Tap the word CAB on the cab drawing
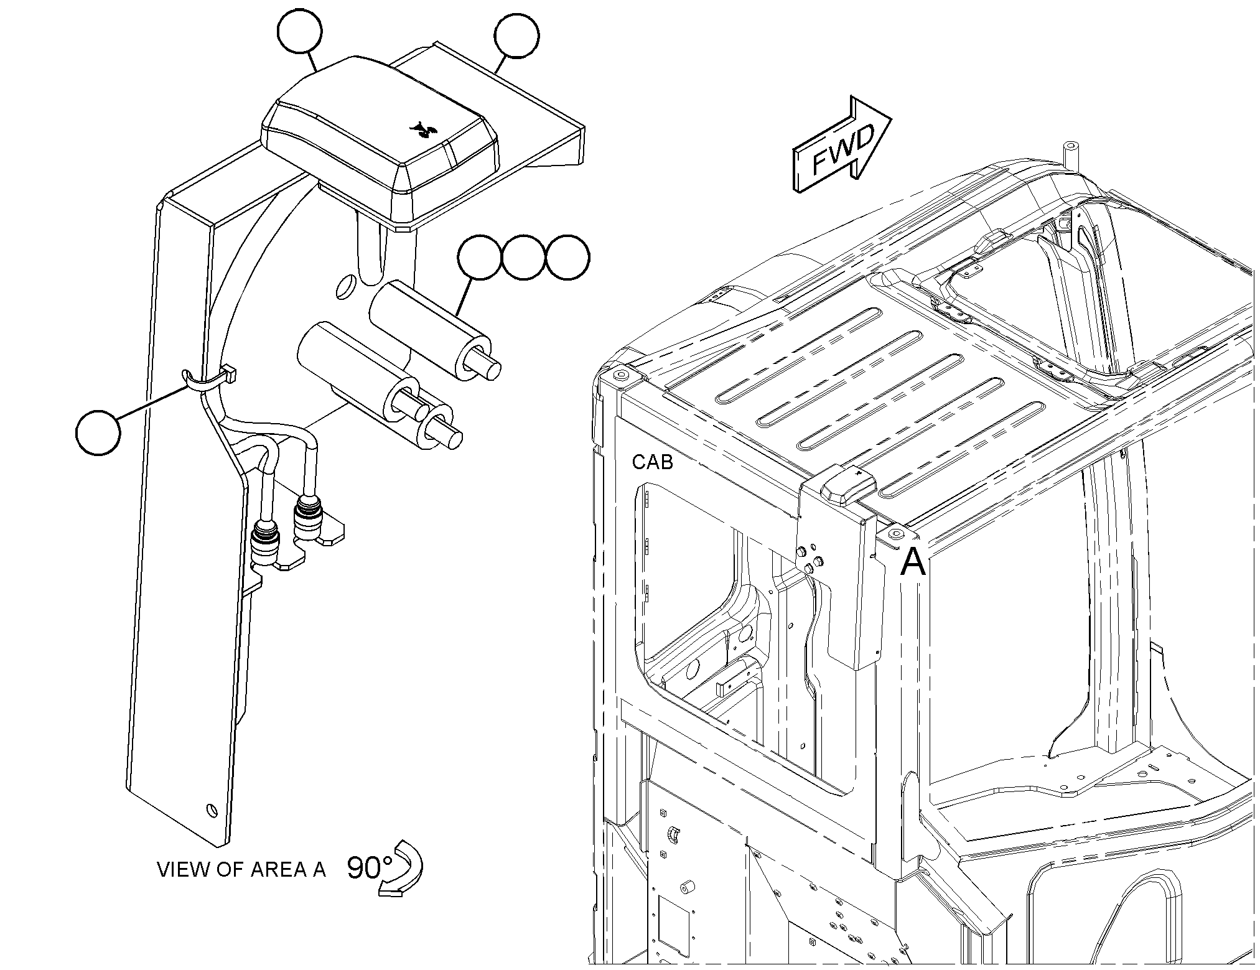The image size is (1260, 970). pyautogui.click(x=653, y=462)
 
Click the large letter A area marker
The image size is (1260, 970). pyautogui.click(x=913, y=562)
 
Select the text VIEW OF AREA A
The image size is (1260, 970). pyautogui.click(x=241, y=869)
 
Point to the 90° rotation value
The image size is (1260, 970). pyautogui.click(x=370, y=868)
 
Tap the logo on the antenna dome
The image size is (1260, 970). pyautogui.click(x=421, y=129)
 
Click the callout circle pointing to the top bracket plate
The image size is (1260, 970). pyautogui.click(x=516, y=35)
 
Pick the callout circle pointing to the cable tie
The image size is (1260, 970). pyautogui.click(x=98, y=432)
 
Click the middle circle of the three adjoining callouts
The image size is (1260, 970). pyautogui.click(x=523, y=257)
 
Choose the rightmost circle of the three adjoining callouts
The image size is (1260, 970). pyautogui.click(x=567, y=257)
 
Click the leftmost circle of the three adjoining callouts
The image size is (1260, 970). pyautogui.click(x=478, y=257)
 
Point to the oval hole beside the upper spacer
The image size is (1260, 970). pyautogui.click(x=343, y=286)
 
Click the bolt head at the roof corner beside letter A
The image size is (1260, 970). pyautogui.click(x=896, y=534)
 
